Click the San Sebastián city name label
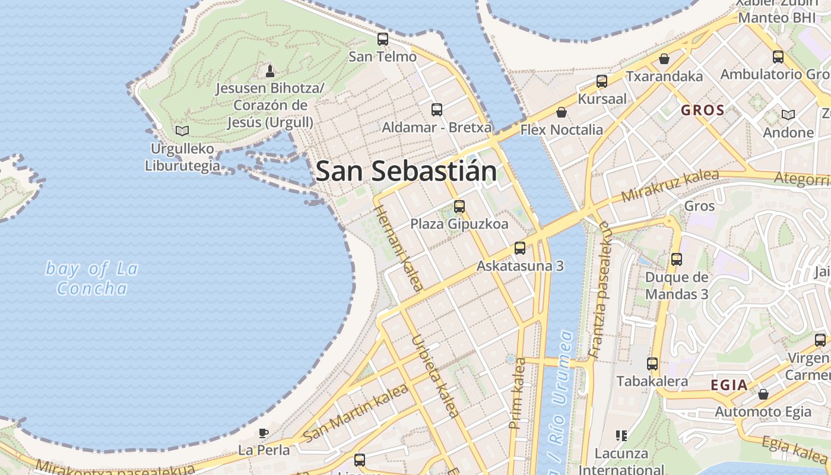pos(406,172)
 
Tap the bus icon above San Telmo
pos(383,39)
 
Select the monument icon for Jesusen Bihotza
pos(270,71)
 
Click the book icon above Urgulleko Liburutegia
pos(182,131)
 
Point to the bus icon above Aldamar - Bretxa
pos(437,110)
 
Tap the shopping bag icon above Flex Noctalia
pos(561,112)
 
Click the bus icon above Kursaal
pos(602,81)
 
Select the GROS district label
pos(702,110)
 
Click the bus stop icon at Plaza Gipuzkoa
pos(459,207)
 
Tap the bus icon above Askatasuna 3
pos(520,248)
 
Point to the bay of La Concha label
pos(92,278)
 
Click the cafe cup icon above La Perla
pos(264,433)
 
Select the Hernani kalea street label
pos(399,249)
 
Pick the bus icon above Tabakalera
pos(652,364)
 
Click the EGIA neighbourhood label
pos(729,385)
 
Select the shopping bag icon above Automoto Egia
pos(763,394)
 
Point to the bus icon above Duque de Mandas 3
pos(676,259)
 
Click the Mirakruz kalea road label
pos(670,185)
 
